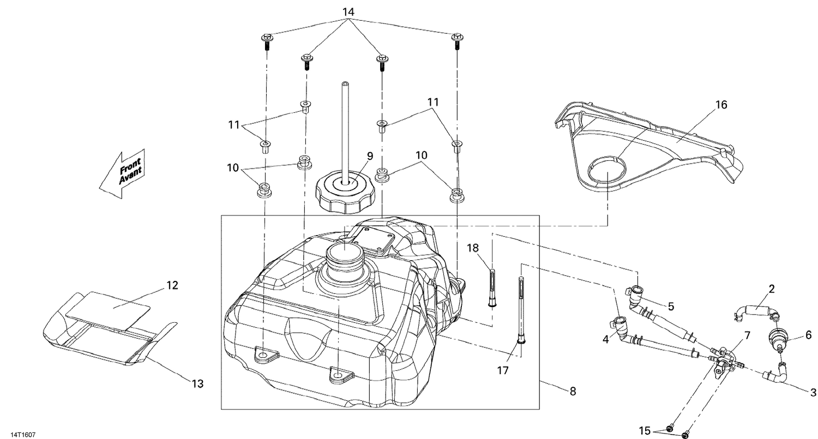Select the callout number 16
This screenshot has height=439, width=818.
721,105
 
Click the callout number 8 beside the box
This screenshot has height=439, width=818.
572,391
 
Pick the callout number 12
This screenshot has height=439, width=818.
172,285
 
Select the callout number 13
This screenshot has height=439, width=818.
197,384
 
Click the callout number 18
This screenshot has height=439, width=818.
472,248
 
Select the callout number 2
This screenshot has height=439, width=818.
772,289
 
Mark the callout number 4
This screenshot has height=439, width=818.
605,339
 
